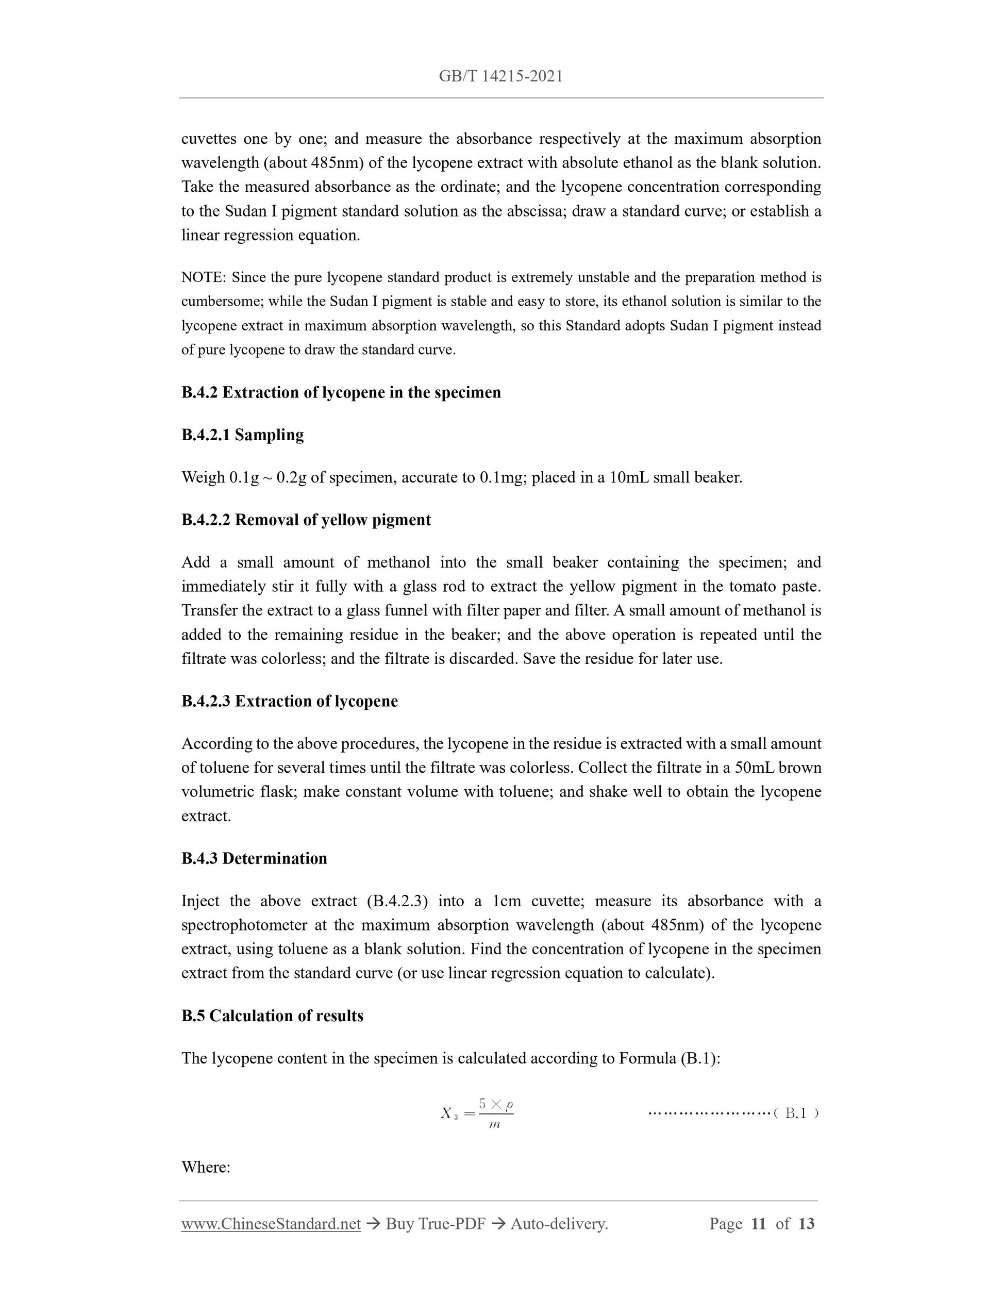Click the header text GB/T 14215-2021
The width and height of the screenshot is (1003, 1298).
pos(501,76)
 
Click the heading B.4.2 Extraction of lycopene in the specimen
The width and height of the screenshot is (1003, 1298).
pos(341,392)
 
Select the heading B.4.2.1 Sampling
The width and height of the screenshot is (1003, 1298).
pos(242,435)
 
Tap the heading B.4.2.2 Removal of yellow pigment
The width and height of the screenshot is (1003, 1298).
pos(306,520)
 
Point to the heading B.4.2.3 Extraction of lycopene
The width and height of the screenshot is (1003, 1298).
pos(289,701)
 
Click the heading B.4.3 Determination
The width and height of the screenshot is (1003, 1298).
pos(254,858)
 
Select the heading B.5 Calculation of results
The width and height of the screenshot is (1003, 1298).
pos(272,1016)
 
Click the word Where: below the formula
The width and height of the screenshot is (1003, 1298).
pos(206,1167)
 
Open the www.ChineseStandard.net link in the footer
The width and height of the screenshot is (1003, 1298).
pos(271,1224)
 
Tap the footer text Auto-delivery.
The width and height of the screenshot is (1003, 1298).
pos(559,1224)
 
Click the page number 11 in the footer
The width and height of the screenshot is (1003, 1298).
pos(758,1224)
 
